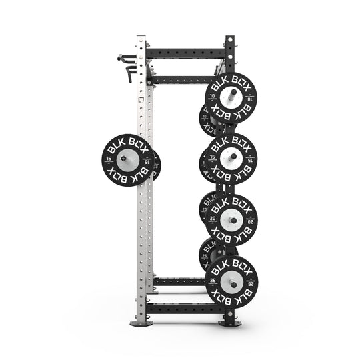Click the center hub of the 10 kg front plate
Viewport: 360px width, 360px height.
[x=231, y=99]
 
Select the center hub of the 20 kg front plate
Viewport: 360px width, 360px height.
[x=231, y=219]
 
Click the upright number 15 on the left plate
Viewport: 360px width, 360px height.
[x=111, y=159]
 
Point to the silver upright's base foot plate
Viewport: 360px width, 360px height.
[x=142, y=323]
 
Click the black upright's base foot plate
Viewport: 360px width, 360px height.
[x=229, y=323]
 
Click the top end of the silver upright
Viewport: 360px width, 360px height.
[x=142, y=38]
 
